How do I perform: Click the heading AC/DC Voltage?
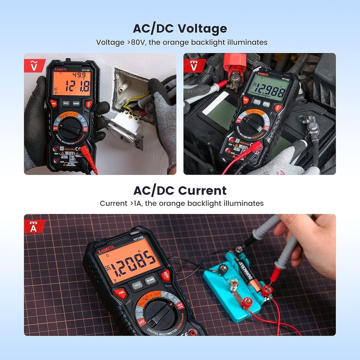click(180, 28)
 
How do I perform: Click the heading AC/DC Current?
click(180, 190)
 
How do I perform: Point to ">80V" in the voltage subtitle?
click(136, 42)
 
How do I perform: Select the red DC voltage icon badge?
click(194, 65)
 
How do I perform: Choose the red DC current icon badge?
click(35, 226)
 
